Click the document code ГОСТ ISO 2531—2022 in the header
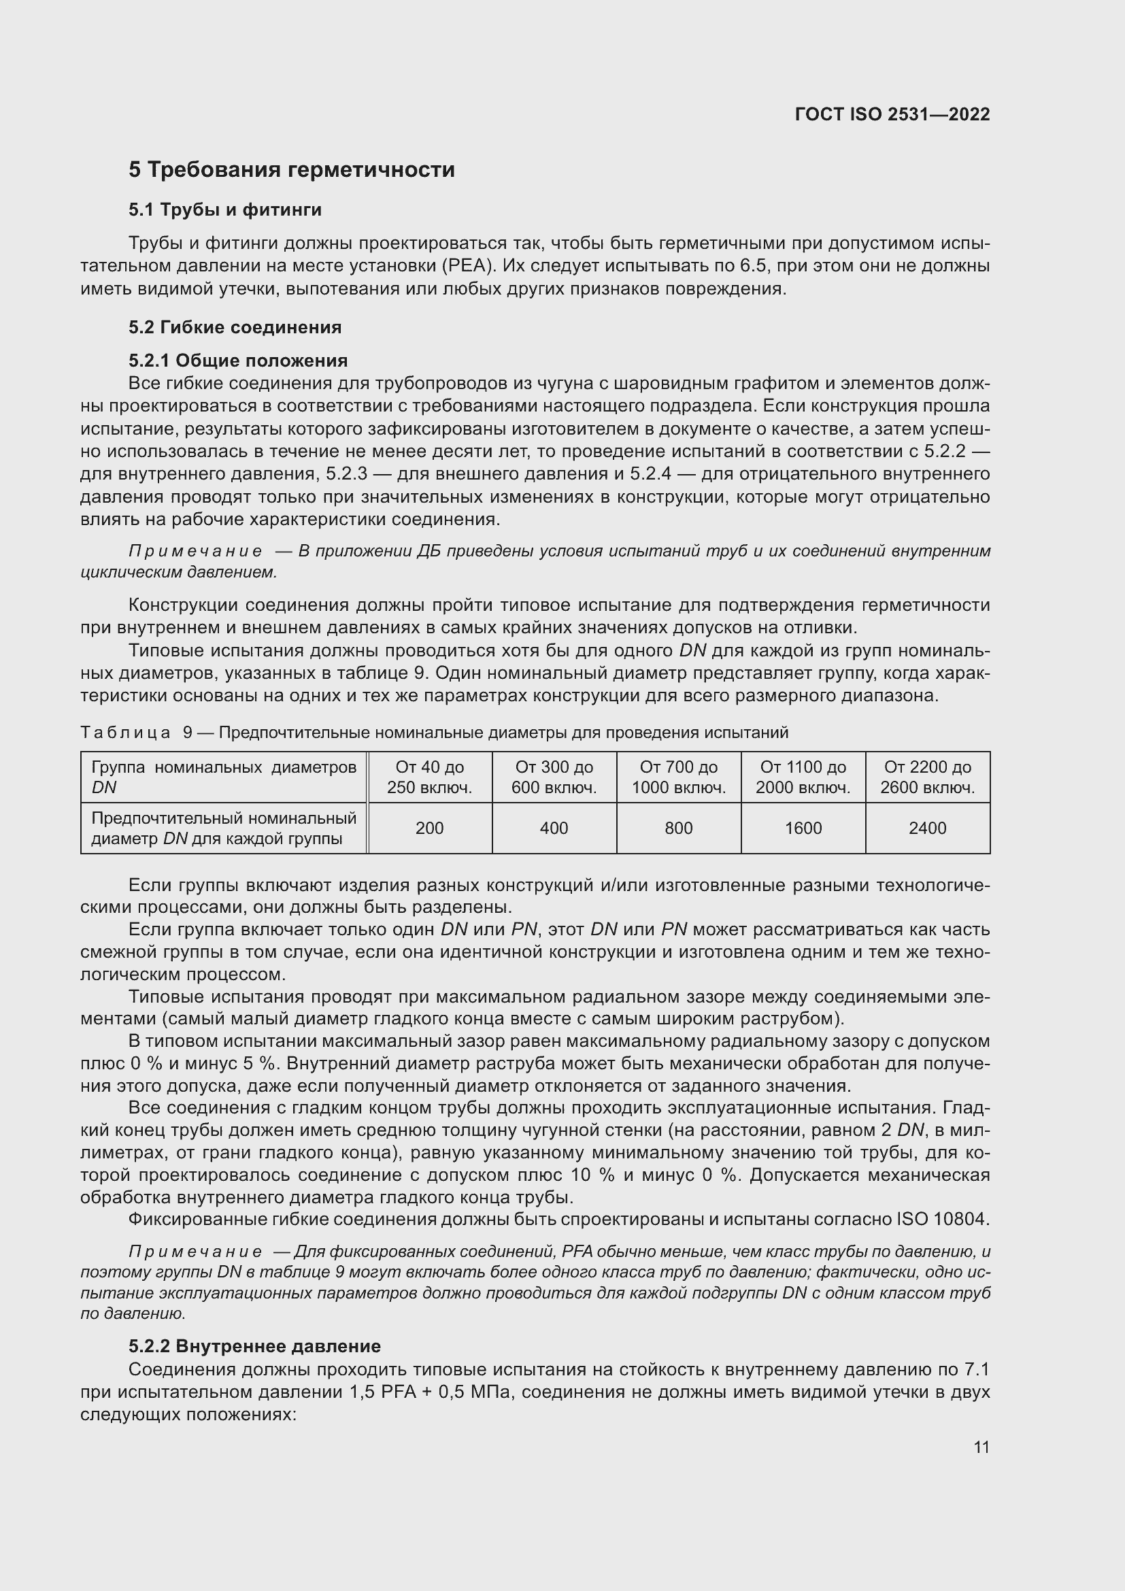(x=892, y=114)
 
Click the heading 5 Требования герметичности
(x=292, y=170)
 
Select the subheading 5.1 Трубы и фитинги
(x=225, y=210)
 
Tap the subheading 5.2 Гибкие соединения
(x=235, y=327)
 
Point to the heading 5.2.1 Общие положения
(x=238, y=361)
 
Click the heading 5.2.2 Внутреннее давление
(x=254, y=1346)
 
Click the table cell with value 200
(x=429, y=828)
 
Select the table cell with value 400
(x=554, y=828)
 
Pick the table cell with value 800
(x=678, y=828)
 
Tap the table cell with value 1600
(x=803, y=828)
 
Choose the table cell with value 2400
(x=928, y=828)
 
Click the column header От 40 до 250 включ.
(x=429, y=777)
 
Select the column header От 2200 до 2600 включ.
(x=928, y=777)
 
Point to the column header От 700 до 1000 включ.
(x=678, y=777)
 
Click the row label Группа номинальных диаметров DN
(x=223, y=777)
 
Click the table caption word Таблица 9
(x=136, y=733)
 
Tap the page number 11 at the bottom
(x=981, y=1447)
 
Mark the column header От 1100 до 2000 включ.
(x=803, y=777)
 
